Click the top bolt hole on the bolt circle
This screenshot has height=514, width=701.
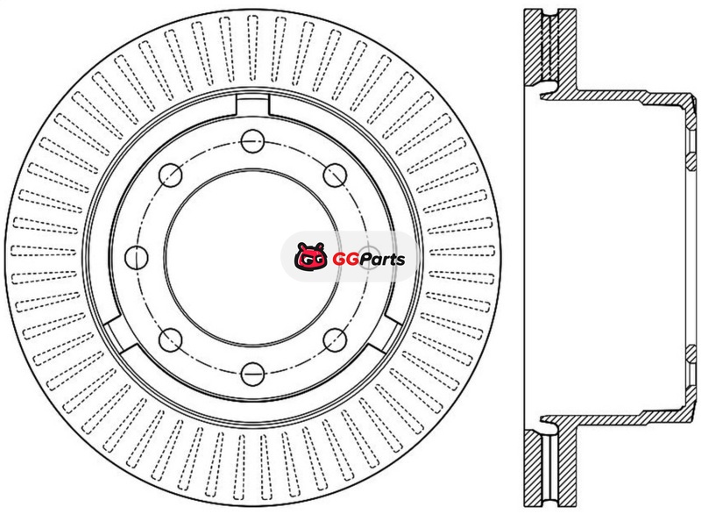[x=252, y=141]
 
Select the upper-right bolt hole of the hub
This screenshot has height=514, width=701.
[x=335, y=175]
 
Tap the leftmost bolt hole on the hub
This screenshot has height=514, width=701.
[x=137, y=257]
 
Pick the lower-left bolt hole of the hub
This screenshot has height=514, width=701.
[x=170, y=340]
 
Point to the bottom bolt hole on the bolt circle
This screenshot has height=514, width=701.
[x=252, y=374]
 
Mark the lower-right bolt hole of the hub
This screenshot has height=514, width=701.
[x=335, y=340]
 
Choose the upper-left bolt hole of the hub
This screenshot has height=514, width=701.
[x=170, y=175]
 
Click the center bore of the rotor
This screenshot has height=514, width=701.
[x=252, y=258]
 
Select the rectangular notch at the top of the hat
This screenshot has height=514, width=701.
[x=252, y=105]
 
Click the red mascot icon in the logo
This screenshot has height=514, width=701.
[x=311, y=256]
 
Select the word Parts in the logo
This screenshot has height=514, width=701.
[x=383, y=259]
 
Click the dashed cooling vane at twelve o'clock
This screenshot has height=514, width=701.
[x=252, y=49]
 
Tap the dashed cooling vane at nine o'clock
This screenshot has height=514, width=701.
[x=43, y=251]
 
